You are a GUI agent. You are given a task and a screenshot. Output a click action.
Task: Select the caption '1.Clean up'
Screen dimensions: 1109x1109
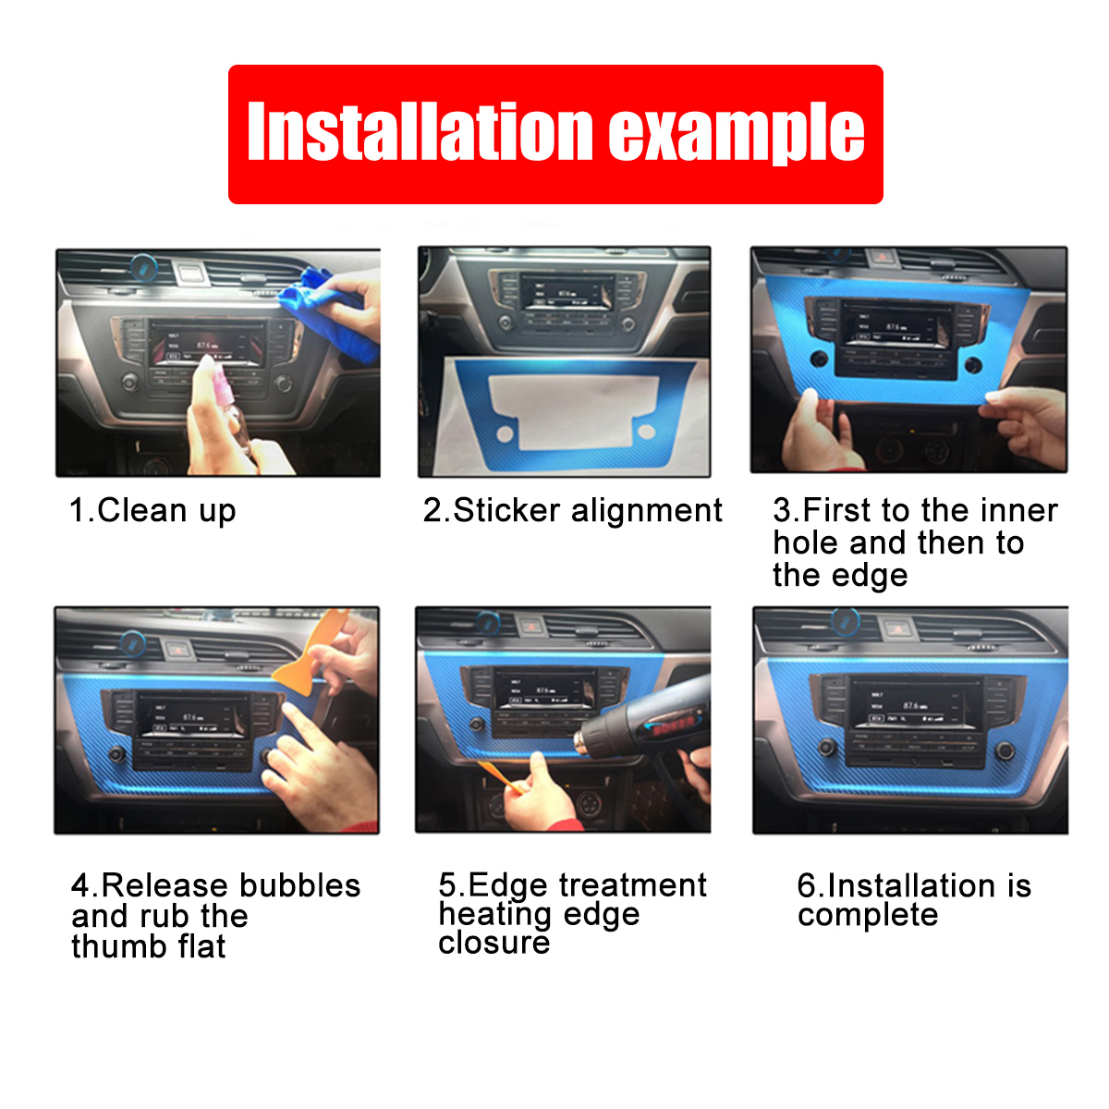152,510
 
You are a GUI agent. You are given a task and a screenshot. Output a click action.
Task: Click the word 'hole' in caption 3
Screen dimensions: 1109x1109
806,542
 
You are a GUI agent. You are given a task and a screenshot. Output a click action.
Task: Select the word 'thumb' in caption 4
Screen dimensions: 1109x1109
117,946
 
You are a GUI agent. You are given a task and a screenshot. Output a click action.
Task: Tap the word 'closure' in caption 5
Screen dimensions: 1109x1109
494,943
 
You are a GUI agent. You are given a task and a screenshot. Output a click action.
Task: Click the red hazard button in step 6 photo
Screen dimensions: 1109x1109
896,628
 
